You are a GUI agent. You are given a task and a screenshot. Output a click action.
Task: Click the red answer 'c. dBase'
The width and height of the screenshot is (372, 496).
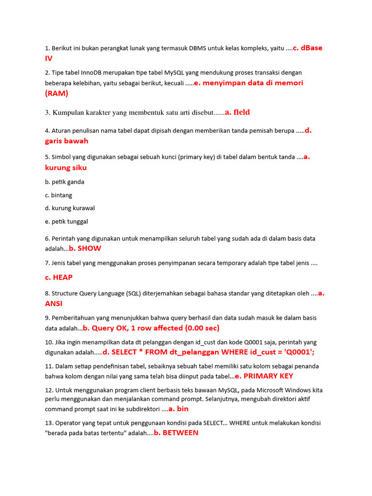[x=308, y=48]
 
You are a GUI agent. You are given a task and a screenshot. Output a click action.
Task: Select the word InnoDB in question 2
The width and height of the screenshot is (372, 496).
[x=88, y=73]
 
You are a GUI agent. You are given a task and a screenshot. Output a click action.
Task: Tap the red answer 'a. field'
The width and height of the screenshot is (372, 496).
[x=237, y=112]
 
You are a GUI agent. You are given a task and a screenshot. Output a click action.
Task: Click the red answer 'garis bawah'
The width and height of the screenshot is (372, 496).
[x=66, y=141]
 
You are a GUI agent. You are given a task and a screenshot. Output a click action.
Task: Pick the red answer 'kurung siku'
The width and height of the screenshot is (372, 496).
[x=66, y=168]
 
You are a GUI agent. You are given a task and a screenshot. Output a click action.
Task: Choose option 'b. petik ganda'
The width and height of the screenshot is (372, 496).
[x=64, y=182]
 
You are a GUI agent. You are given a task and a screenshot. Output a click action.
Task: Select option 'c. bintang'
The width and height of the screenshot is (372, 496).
[x=58, y=195]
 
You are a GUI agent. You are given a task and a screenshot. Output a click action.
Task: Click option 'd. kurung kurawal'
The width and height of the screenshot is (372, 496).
[x=70, y=208]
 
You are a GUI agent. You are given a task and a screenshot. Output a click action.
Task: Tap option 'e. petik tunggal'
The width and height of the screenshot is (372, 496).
[x=66, y=222]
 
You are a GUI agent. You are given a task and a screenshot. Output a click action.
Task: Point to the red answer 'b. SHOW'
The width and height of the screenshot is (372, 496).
[x=85, y=248]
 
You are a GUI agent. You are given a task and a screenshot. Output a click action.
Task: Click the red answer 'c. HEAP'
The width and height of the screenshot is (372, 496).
[x=59, y=278]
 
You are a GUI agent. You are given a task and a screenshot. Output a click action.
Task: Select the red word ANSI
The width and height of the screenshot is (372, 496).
[x=54, y=304]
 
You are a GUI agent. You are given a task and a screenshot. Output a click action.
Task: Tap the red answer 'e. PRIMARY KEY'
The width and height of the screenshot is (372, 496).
[x=264, y=376]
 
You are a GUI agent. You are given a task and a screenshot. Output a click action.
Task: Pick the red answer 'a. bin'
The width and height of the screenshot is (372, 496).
[x=178, y=409]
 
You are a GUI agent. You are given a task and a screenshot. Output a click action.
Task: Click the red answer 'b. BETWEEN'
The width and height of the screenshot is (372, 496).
[x=176, y=433]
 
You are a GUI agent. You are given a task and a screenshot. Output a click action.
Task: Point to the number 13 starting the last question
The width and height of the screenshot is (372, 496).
[x=48, y=423]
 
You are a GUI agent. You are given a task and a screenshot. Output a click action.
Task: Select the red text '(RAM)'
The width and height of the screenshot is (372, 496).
[x=57, y=93]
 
